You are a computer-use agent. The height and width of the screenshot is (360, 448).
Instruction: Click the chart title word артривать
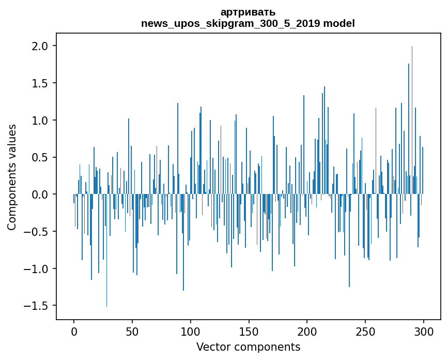tap(248, 12)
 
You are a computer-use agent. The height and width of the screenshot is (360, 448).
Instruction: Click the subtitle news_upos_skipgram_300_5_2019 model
tap(248, 23)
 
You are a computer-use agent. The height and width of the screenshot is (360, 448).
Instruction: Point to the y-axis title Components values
tap(12, 177)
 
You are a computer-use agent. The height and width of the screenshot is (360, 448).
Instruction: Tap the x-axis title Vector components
tap(248, 347)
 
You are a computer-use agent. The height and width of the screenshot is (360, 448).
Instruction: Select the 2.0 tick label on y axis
tap(40, 46)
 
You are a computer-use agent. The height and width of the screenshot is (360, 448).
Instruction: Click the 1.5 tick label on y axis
tap(40, 83)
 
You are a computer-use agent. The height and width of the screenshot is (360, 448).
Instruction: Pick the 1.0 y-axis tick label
tap(40, 121)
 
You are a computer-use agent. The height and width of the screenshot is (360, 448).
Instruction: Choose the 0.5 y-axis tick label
tap(40, 157)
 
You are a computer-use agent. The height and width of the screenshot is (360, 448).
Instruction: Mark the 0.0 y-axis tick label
tap(40, 194)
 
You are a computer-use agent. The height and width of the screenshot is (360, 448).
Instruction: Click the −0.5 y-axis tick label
tap(36, 232)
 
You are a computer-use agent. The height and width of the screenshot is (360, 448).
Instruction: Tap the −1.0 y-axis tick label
tap(36, 268)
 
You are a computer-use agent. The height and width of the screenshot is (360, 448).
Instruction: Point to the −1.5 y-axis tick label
tap(36, 306)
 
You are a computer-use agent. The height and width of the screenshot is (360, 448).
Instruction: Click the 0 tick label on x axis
tap(74, 331)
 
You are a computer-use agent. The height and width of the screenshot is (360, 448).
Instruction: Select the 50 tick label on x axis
tap(132, 331)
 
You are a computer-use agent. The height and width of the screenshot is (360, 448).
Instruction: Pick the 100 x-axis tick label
tap(191, 331)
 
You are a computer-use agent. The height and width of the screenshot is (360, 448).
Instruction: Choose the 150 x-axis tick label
tap(249, 331)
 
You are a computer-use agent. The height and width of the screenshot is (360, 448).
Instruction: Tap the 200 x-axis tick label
tap(307, 331)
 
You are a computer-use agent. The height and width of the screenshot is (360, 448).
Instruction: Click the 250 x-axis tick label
tap(365, 331)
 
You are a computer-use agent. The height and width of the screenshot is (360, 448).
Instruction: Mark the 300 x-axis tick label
tap(424, 331)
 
